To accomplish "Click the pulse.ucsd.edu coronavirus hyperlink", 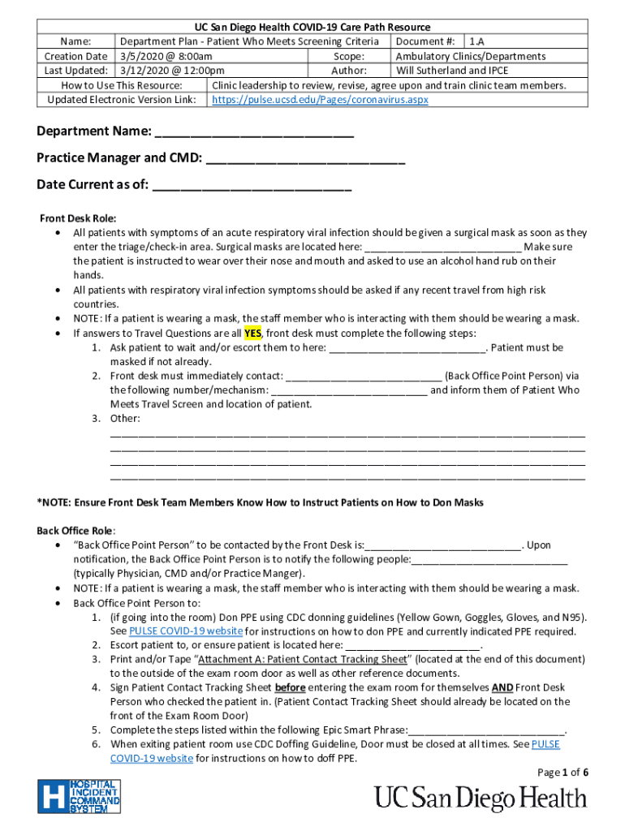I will coord(320,100).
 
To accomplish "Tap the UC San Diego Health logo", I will coord(480,798).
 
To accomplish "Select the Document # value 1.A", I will coord(476,41).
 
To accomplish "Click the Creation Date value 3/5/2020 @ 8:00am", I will coord(166,56).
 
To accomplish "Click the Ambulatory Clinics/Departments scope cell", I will coord(470,56).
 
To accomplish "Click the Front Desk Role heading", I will coord(78,218).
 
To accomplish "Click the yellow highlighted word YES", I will coord(252,334).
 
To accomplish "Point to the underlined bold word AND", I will coord(502,688).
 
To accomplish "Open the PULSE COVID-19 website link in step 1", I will coord(186,631).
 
